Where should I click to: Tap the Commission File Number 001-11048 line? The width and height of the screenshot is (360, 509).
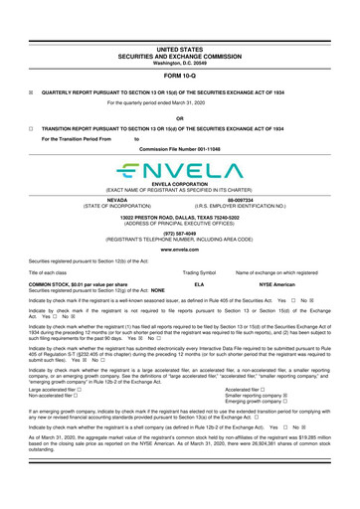[179, 147]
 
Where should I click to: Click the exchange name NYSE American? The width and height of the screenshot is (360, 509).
[270, 283]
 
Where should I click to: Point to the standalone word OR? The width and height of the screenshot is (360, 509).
[179, 114]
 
